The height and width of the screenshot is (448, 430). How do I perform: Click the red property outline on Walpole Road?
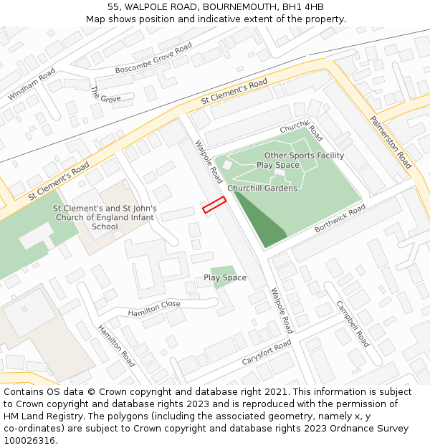214,205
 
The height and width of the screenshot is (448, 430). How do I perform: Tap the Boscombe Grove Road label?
154,59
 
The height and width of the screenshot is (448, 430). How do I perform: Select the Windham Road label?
32,85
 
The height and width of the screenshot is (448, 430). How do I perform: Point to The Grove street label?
105,95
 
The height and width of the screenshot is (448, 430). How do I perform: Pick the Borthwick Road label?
340,219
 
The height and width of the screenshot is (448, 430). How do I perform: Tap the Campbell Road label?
353,323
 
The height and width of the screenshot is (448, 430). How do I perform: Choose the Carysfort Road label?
267,353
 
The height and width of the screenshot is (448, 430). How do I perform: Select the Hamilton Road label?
116,345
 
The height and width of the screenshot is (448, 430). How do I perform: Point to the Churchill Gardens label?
262,189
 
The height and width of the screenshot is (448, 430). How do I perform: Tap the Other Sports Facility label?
304,156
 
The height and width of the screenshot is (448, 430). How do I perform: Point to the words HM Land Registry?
37,416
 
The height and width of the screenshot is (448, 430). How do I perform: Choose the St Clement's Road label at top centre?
234,92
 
